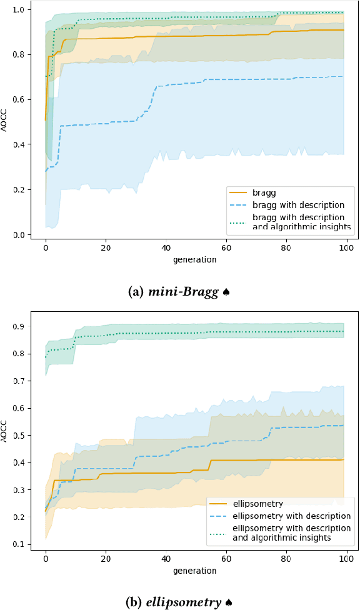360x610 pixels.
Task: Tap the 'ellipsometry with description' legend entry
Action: (x=291, y=516)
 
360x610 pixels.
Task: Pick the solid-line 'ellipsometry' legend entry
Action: (x=257, y=504)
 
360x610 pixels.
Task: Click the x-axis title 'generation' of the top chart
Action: (x=196, y=259)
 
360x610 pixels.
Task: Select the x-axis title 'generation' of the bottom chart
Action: (x=196, y=570)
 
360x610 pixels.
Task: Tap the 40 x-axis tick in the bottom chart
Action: (x=166, y=559)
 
